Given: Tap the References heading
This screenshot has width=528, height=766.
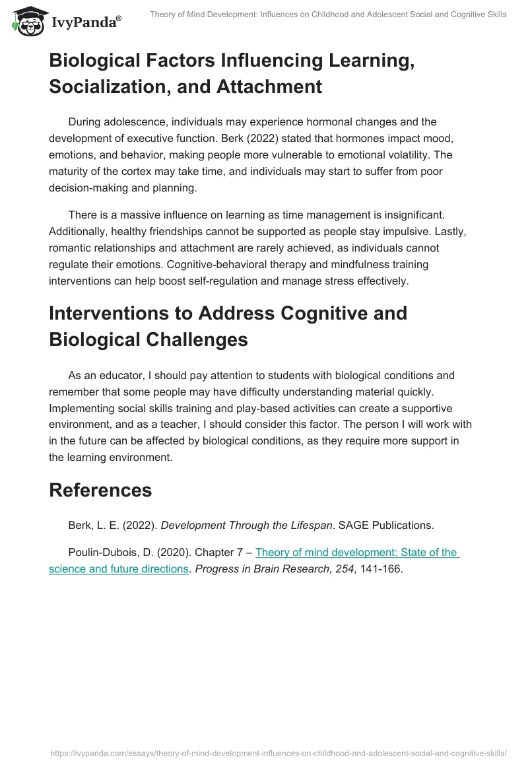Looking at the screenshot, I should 100,490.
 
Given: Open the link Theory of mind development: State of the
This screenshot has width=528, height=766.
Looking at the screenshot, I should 356,552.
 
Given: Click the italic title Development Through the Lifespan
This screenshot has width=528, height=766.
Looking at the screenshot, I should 246,526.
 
